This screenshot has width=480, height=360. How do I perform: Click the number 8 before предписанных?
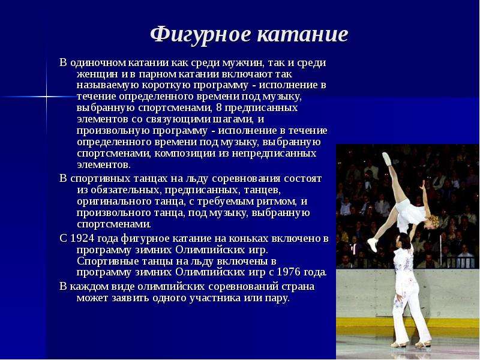click(x=218, y=108)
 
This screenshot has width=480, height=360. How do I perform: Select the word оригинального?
click(x=114, y=202)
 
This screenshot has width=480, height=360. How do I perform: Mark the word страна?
click(x=298, y=287)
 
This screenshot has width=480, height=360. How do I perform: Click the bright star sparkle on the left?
click(x=47, y=97)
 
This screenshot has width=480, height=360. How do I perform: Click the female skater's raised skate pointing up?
click(x=387, y=159)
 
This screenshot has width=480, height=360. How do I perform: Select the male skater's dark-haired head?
click(x=403, y=241)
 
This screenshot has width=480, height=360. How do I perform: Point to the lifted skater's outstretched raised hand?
click(x=423, y=185)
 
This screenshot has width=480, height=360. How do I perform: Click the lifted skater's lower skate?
click(x=372, y=244)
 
